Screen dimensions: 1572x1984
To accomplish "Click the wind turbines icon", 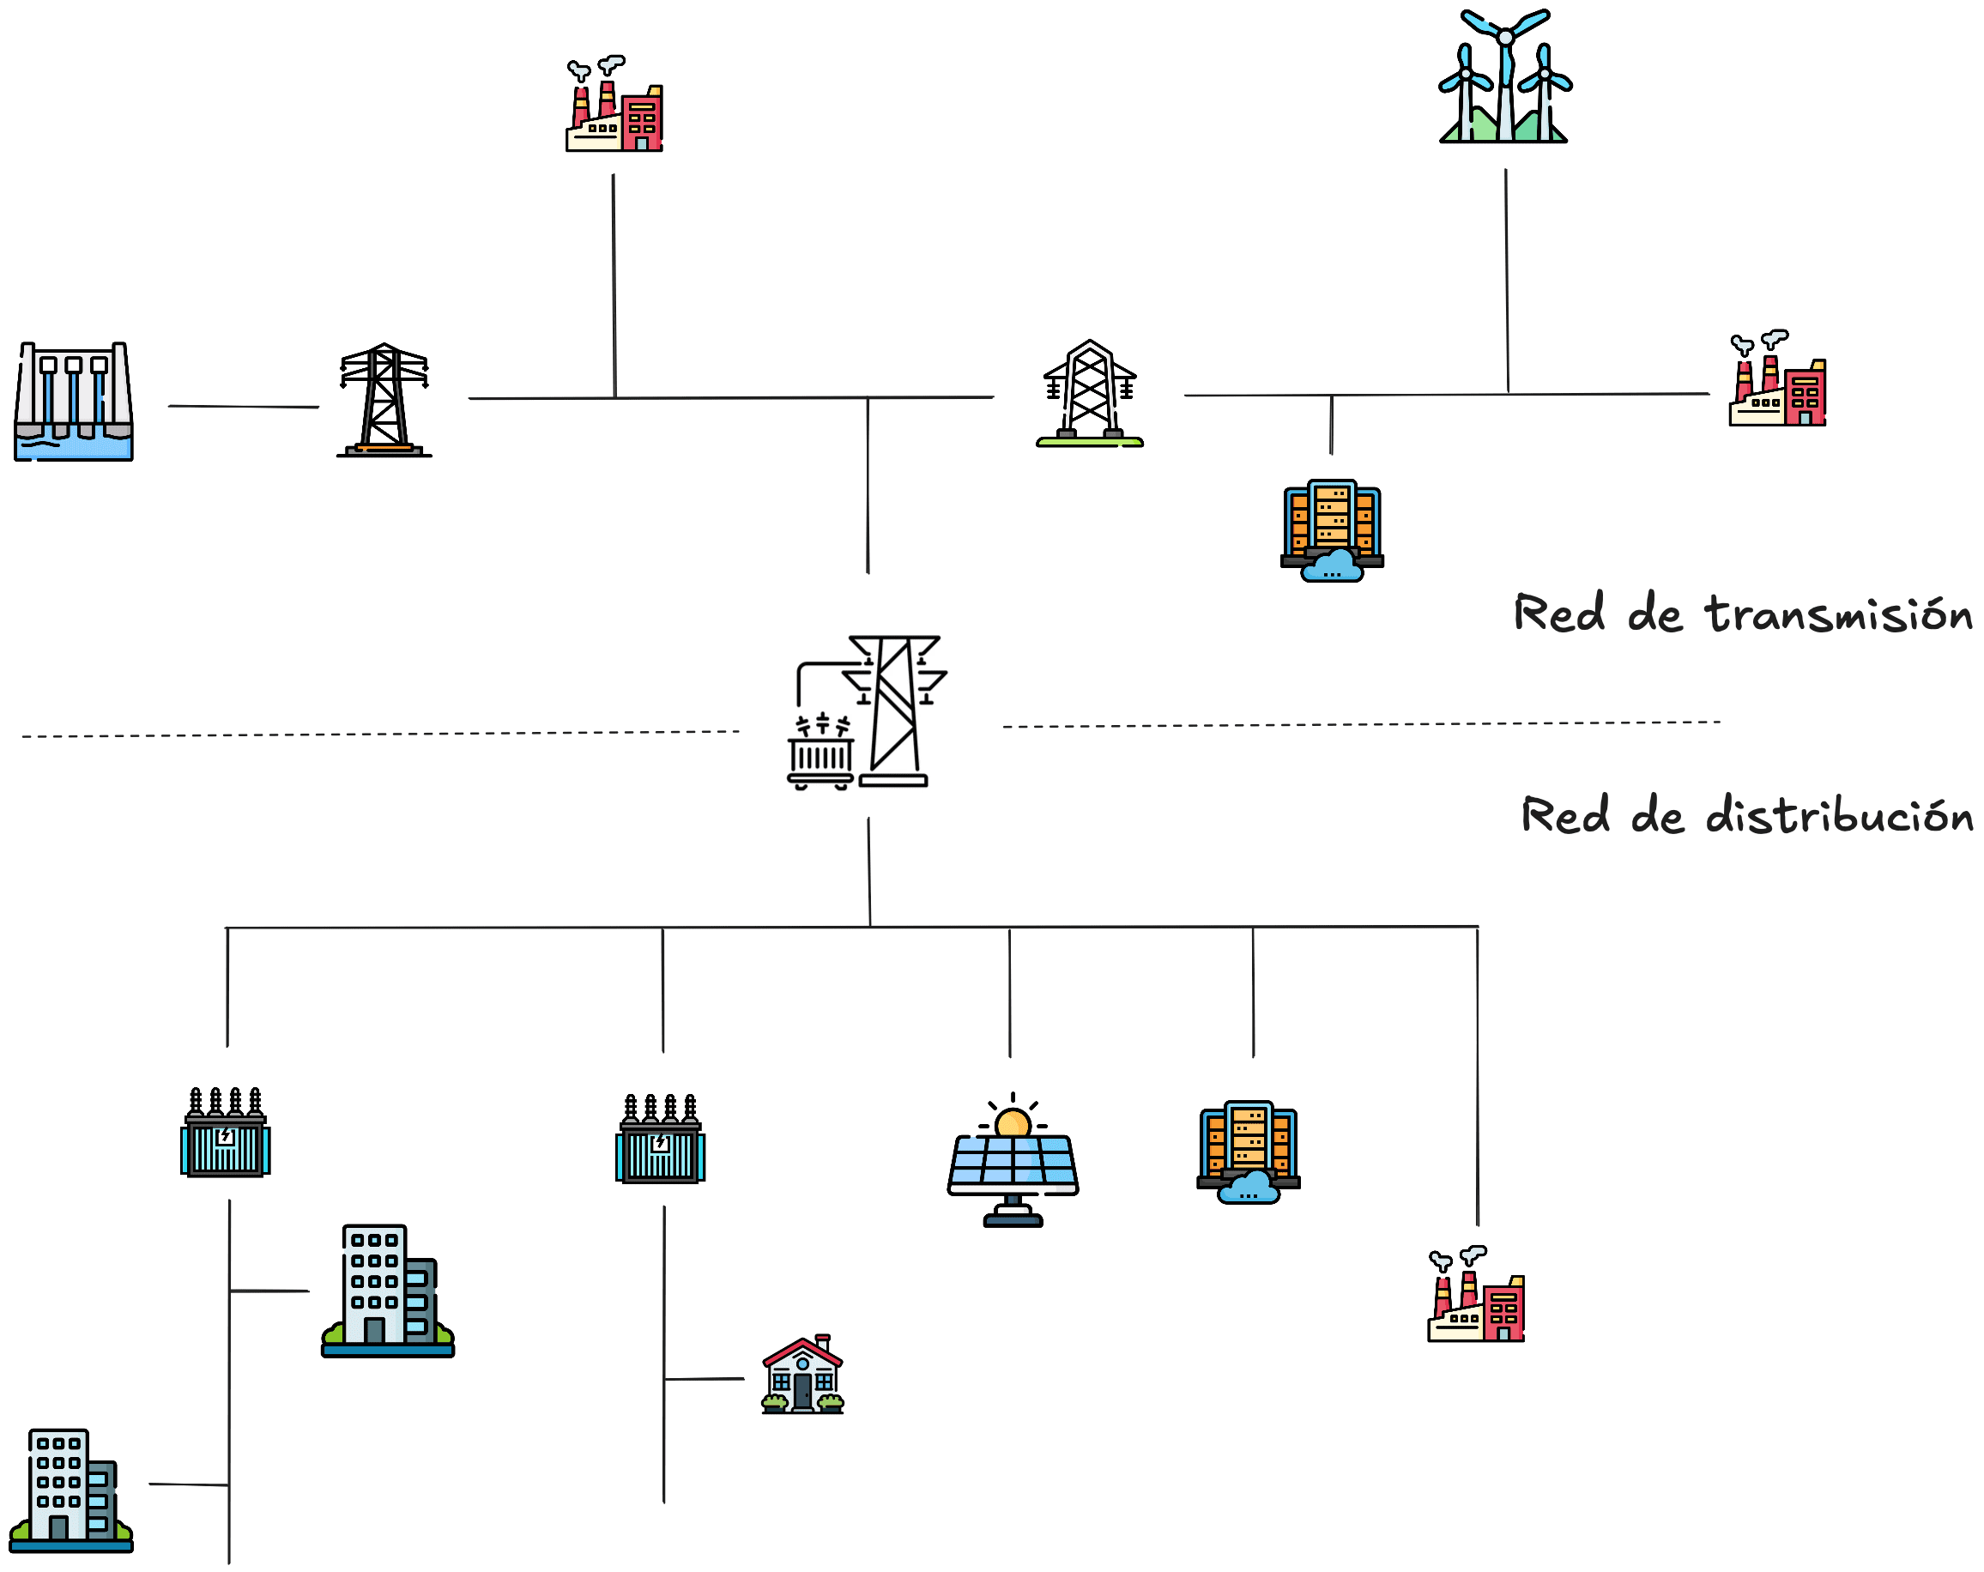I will pyautogui.click(x=1504, y=78).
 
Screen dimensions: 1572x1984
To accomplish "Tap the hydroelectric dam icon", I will pyautogui.click(x=74, y=402).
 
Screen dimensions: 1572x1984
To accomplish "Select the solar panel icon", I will pyautogui.click(x=1013, y=1164).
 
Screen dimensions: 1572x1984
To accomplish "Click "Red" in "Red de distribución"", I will pyautogui.click(x=1564, y=816).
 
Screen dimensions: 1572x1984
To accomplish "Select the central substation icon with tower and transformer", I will pyautogui.click(x=867, y=711).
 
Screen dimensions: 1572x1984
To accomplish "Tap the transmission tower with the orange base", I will pyautogui.click(x=384, y=401).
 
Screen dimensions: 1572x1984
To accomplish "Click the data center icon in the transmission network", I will pyautogui.click(x=1332, y=530).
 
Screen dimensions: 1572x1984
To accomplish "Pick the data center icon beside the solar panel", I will pyautogui.click(x=1248, y=1152).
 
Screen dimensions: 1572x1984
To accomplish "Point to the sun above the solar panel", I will pyautogui.click(x=1013, y=1123).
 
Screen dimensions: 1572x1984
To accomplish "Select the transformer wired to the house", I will pyautogui.click(x=660, y=1140).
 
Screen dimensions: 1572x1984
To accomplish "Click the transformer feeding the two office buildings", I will pyautogui.click(x=226, y=1133).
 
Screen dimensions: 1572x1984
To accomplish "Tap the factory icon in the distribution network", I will pyautogui.click(x=1475, y=1295).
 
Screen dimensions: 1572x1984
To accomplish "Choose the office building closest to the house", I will pyautogui.click(x=387, y=1291).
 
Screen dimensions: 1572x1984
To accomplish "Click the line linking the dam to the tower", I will pyautogui.click(x=243, y=406).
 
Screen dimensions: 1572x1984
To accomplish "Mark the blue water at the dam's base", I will pyautogui.click(x=74, y=447).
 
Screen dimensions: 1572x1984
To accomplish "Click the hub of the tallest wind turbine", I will pyautogui.click(x=1505, y=38).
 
